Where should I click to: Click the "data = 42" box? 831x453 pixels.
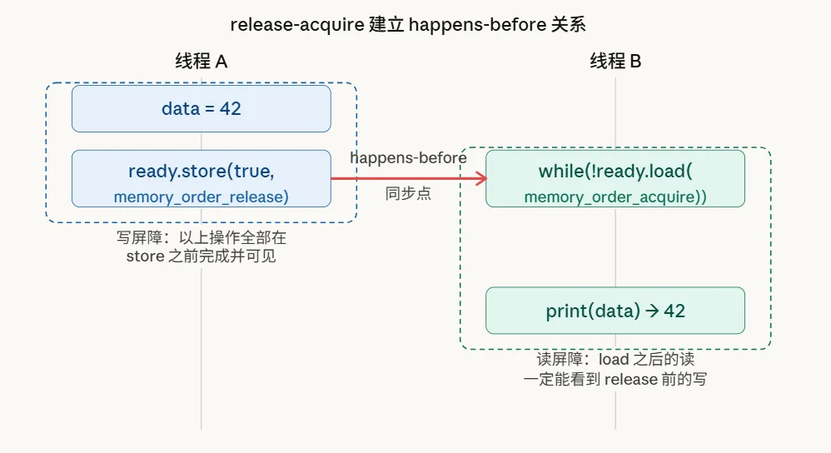(x=201, y=108)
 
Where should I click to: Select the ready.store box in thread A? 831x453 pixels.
(x=201, y=178)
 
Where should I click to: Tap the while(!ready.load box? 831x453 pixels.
(x=615, y=178)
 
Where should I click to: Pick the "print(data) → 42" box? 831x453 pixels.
(x=615, y=311)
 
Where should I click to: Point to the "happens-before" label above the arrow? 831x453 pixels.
(x=408, y=157)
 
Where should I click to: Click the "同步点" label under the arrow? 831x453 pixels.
(x=408, y=195)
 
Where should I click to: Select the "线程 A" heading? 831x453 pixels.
(x=201, y=61)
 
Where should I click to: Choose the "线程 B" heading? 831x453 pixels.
(x=615, y=61)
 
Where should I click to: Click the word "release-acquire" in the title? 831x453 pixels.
(x=297, y=24)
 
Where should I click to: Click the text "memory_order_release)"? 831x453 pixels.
(x=201, y=197)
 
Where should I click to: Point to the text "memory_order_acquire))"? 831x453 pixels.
(x=615, y=197)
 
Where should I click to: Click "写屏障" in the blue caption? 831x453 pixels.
(x=135, y=237)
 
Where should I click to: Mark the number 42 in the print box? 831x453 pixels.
(x=674, y=311)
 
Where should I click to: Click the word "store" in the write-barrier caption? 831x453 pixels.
(x=146, y=256)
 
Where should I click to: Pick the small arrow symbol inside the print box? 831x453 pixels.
(x=652, y=311)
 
